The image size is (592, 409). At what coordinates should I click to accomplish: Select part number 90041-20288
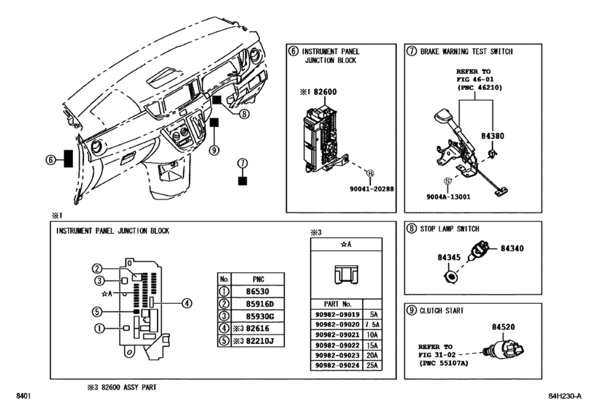[x=370, y=188]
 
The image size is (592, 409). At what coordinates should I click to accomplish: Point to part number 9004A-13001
[x=447, y=196]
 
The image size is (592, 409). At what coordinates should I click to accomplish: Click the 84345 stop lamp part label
[x=450, y=257]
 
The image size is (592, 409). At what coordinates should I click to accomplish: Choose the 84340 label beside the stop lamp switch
[x=512, y=248]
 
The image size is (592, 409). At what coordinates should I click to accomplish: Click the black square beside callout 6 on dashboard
[x=69, y=159]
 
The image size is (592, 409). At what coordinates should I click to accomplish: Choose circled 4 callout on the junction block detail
[x=187, y=303]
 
